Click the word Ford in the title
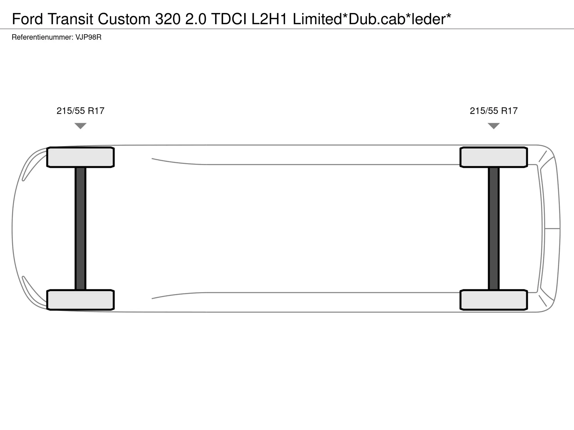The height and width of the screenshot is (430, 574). coord(28,19)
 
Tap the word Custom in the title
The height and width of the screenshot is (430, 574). coord(124,19)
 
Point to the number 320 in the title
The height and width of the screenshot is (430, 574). coord(168,19)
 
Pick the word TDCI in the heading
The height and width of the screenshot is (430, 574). coord(229,19)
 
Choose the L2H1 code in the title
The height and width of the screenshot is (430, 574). coord(269,19)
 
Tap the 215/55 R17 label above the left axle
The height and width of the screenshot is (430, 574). coord(80,111)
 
